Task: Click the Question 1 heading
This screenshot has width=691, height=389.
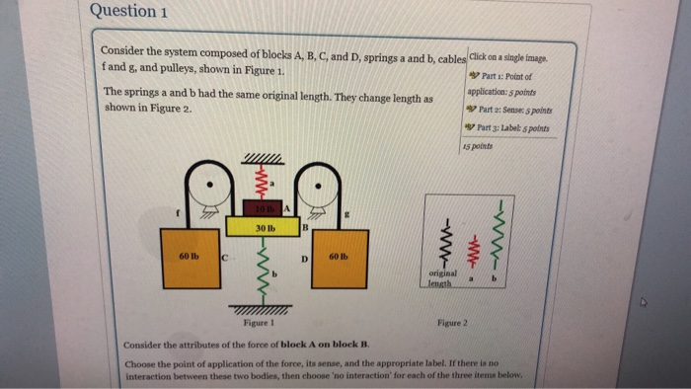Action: point(128,12)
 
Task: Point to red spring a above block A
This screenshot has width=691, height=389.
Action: point(262,183)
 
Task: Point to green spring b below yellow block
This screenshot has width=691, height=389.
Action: point(263,265)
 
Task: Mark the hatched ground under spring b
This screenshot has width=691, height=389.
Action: point(262,307)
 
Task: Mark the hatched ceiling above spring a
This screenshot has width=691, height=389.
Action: point(262,159)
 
